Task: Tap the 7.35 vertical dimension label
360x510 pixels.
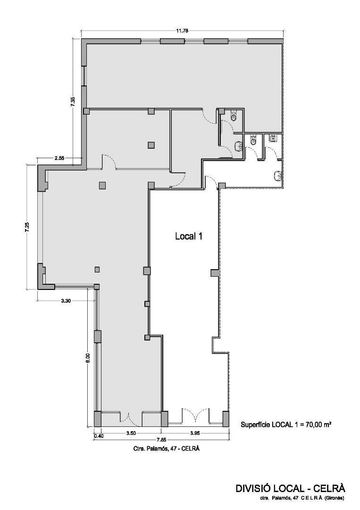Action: [x=73, y=102]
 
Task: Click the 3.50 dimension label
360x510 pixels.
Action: [x=131, y=433]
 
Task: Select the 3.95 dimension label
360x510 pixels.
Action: [x=195, y=433]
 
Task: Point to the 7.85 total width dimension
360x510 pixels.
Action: [x=161, y=440]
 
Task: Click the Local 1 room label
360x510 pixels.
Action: [x=189, y=237]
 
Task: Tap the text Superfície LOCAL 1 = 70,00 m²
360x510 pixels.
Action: [x=285, y=424]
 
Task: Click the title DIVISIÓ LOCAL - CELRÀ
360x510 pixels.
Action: [x=291, y=488]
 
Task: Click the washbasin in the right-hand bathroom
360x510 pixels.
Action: [x=277, y=176]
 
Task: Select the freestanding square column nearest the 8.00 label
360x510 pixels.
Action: [x=97, y=270]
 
